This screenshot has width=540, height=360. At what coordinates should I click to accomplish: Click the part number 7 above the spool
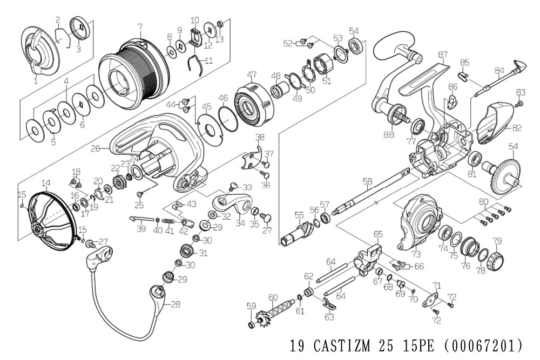[140, 26]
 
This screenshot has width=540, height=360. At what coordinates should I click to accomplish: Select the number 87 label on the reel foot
[443, 55]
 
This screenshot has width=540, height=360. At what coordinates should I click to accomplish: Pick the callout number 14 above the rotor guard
[45, 183]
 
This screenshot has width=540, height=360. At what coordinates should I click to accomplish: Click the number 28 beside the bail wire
[175, 304]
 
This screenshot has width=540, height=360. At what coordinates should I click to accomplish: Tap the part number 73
[416, 254]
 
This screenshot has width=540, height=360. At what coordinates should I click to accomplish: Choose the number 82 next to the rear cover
[517, 128]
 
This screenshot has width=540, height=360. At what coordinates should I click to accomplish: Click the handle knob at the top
[389, 42]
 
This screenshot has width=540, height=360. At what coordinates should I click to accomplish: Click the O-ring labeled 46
[228, 118]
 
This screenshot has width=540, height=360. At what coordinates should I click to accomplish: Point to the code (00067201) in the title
[482, 346]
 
